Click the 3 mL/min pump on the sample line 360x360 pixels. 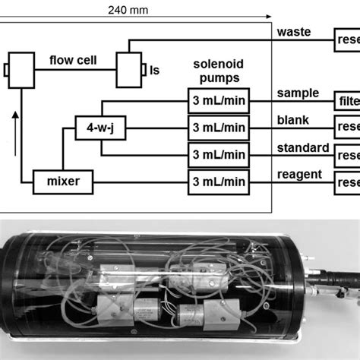(x=219, y=100)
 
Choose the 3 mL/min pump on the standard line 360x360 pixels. (x=219, y=154)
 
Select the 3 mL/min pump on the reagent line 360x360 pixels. (x=219, y=181)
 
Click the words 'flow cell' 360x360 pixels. (x=71, y=59)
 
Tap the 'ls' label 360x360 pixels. (x=155, y=71)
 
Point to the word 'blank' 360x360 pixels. (x=293, y=119)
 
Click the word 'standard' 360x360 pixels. (x=302, y=147)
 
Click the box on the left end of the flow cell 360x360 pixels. (x=22, y=71)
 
